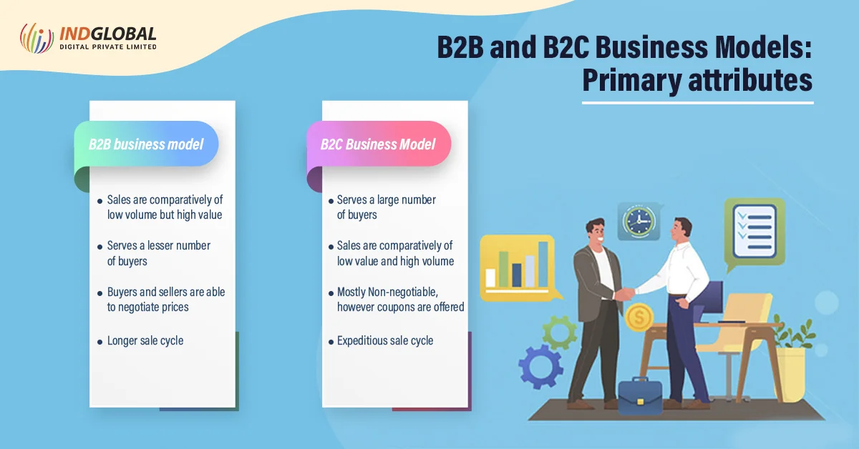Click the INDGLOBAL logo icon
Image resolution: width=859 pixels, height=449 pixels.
pyautogui.click(x=37, y=38)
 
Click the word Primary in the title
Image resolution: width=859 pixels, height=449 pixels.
pyautogui.click(x=631, y=81)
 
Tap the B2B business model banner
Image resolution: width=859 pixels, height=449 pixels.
pyautogui.click(x=146, y=144)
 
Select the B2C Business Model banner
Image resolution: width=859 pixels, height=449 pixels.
pyautogui.click(x=379, y=144)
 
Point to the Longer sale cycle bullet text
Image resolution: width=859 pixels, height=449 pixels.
pyautogui.click(x=145, y=340)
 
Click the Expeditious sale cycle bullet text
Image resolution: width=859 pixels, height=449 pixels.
pyautogui.click(x=385, y=340)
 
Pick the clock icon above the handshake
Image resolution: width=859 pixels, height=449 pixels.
pyautogui.click(x=639, y=222)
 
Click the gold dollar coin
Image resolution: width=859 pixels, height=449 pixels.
pyautogui.click(x=639, y=317)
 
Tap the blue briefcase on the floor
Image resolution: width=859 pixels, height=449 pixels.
pyautogui.click(x=640, y=398)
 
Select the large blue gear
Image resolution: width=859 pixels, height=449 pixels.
pyautogui.click(x=540, y=366)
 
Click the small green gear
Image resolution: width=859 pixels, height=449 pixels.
pyautogui.click(x=560, y=332)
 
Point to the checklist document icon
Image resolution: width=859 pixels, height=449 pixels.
pyautogui.click(x=754, y=232)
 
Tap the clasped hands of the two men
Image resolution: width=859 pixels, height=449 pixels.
pyautogui.click(x=625, y=293)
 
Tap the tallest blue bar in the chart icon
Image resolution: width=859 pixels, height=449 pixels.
pyautogui.click(x=543, y=265)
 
